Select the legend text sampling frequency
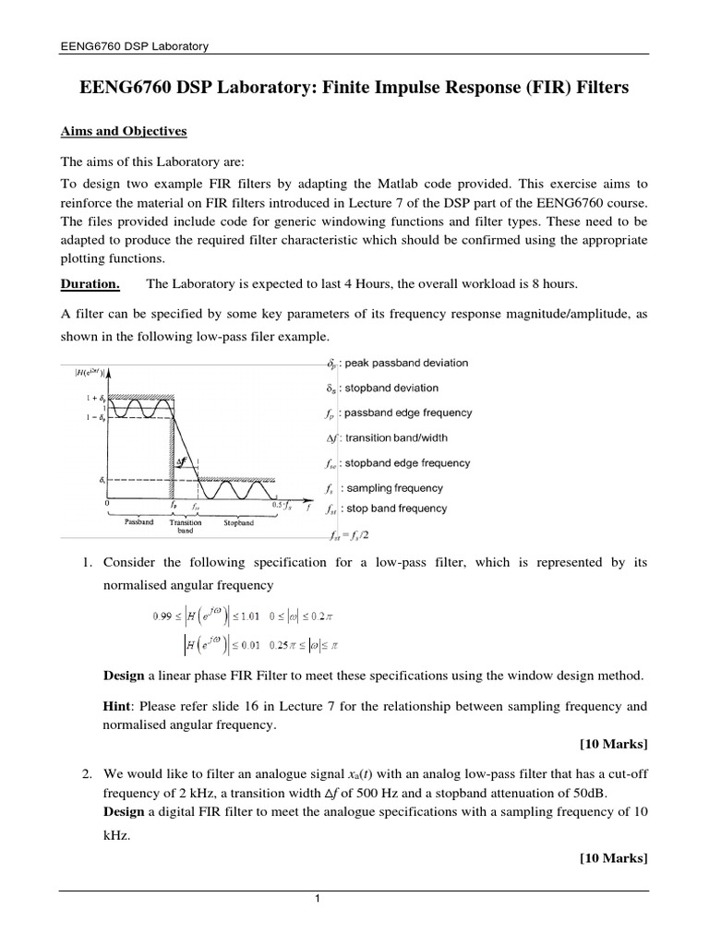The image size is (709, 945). (x=397, y=488)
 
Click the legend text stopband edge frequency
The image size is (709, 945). (x=411, y=463)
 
